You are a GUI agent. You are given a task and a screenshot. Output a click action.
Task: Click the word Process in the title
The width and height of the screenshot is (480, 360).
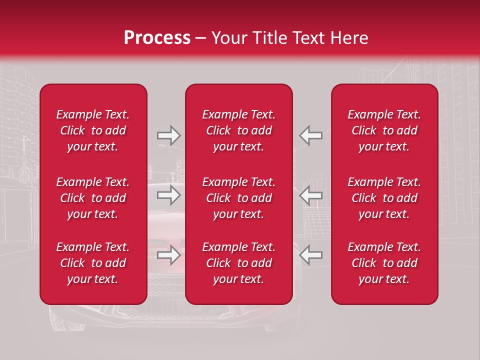(x=157, y=38)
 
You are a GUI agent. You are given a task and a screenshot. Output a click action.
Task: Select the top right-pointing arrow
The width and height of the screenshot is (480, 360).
(x=168, y=135)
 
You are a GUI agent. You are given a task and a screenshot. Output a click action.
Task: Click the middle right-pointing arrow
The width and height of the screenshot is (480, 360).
(x=168, y=195)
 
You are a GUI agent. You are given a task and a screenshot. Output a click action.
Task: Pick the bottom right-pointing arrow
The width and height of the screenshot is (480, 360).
(x=168, y=255)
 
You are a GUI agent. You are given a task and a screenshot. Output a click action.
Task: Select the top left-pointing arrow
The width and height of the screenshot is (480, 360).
(x=311, y=135)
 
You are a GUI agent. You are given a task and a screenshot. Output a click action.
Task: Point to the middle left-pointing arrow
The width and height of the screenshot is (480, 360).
(x=311, y=195)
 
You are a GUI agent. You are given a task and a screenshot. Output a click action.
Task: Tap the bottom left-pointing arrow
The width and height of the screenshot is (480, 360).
(x=311, y=255)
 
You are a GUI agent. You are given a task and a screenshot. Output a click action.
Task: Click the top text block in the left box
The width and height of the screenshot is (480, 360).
(x=93, y=130)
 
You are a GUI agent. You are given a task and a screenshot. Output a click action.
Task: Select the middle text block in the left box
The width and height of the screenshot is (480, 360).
(x=93, y=198)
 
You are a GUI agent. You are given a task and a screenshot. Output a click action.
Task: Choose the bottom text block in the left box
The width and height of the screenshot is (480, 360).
(x=93, y=263)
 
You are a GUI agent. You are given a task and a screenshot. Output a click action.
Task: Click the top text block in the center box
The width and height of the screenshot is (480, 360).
(x=239, y=130)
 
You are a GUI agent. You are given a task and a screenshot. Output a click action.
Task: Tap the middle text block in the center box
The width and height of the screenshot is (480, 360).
(x=239, y=198)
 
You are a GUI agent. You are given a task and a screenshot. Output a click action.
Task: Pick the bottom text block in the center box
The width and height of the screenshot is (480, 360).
(x=239, y=263)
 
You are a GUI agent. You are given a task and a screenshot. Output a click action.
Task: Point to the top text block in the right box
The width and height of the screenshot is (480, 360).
(x=384, y=130)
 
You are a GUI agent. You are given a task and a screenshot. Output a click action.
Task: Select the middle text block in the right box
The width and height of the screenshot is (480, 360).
(x=384, y=198)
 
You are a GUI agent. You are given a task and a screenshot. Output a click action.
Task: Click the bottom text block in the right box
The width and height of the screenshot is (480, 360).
(x=384, y=263)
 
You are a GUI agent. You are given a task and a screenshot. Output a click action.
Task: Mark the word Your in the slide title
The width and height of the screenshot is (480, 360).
(x=227, y=38)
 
